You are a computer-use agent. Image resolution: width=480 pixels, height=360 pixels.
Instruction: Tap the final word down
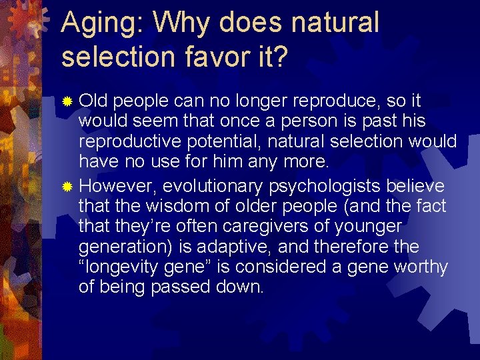point(241,288)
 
